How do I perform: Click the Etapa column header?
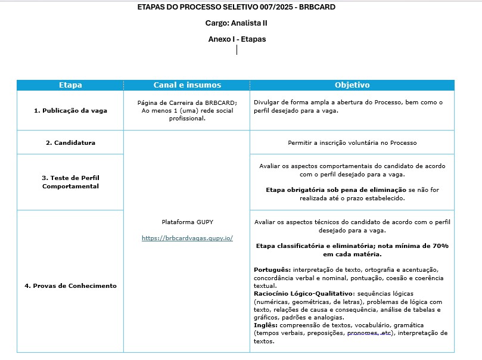70,85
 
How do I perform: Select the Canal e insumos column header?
187,85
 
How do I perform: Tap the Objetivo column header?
352,85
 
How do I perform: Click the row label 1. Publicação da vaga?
70,110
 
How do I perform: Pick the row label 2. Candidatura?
70,142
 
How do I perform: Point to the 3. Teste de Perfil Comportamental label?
70,182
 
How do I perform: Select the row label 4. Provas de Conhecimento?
70,285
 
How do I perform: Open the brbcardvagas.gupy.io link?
187,238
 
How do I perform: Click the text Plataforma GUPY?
187,222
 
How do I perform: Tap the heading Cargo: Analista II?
237,23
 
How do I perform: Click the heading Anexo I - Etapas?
237,39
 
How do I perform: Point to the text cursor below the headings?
237,50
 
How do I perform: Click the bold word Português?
272,270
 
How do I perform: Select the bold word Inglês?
266,325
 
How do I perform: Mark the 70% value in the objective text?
440,246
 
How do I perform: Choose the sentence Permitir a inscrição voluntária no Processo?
352,142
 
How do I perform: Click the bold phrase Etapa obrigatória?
295,190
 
